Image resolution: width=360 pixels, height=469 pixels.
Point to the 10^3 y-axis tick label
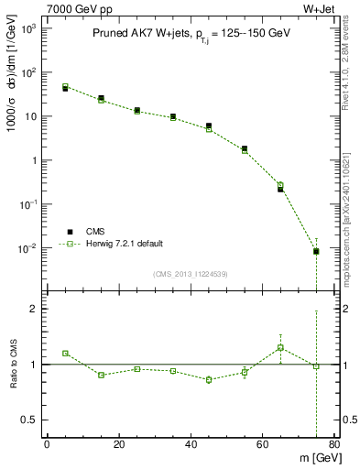(x=28, y=29)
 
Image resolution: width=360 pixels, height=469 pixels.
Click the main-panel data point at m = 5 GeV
(x=65, y=87)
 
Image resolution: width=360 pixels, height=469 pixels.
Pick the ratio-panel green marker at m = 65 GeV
(x=280, y=347)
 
